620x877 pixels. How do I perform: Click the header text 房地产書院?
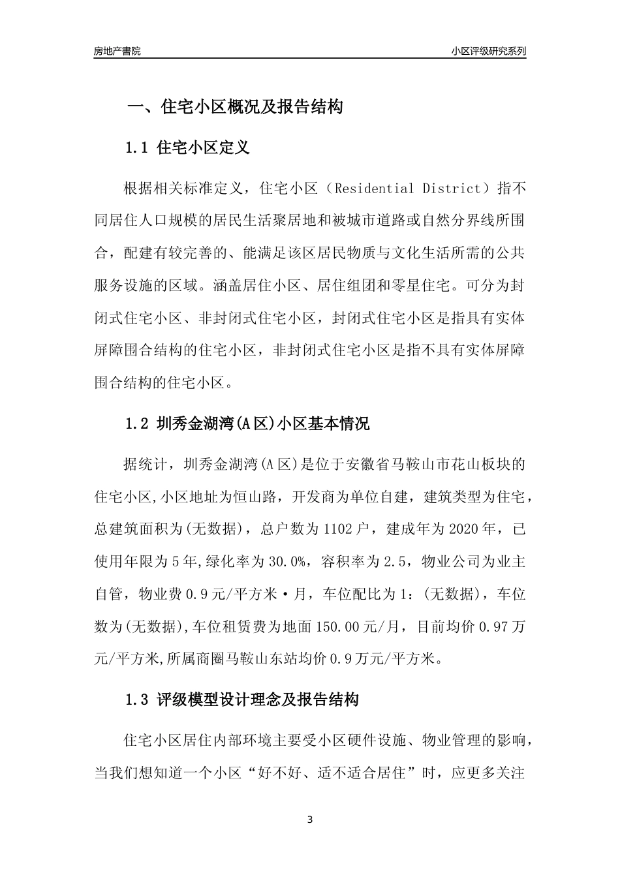tap(117, 51)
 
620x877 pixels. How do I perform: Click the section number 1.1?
tap(138, 148)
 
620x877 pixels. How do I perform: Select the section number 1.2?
tap(138, 424)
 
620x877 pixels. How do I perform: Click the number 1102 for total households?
tap(338, 529)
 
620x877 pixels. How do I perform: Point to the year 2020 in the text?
tap(461, 529)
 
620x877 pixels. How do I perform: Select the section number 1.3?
tap(138, 701)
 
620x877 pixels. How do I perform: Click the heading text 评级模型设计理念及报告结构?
tap(258, 701)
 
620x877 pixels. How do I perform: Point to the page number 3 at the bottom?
tap(310, 820)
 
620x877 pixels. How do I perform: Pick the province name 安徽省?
tap(369, 465)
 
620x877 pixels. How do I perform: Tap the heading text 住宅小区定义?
tap(204, 148)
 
